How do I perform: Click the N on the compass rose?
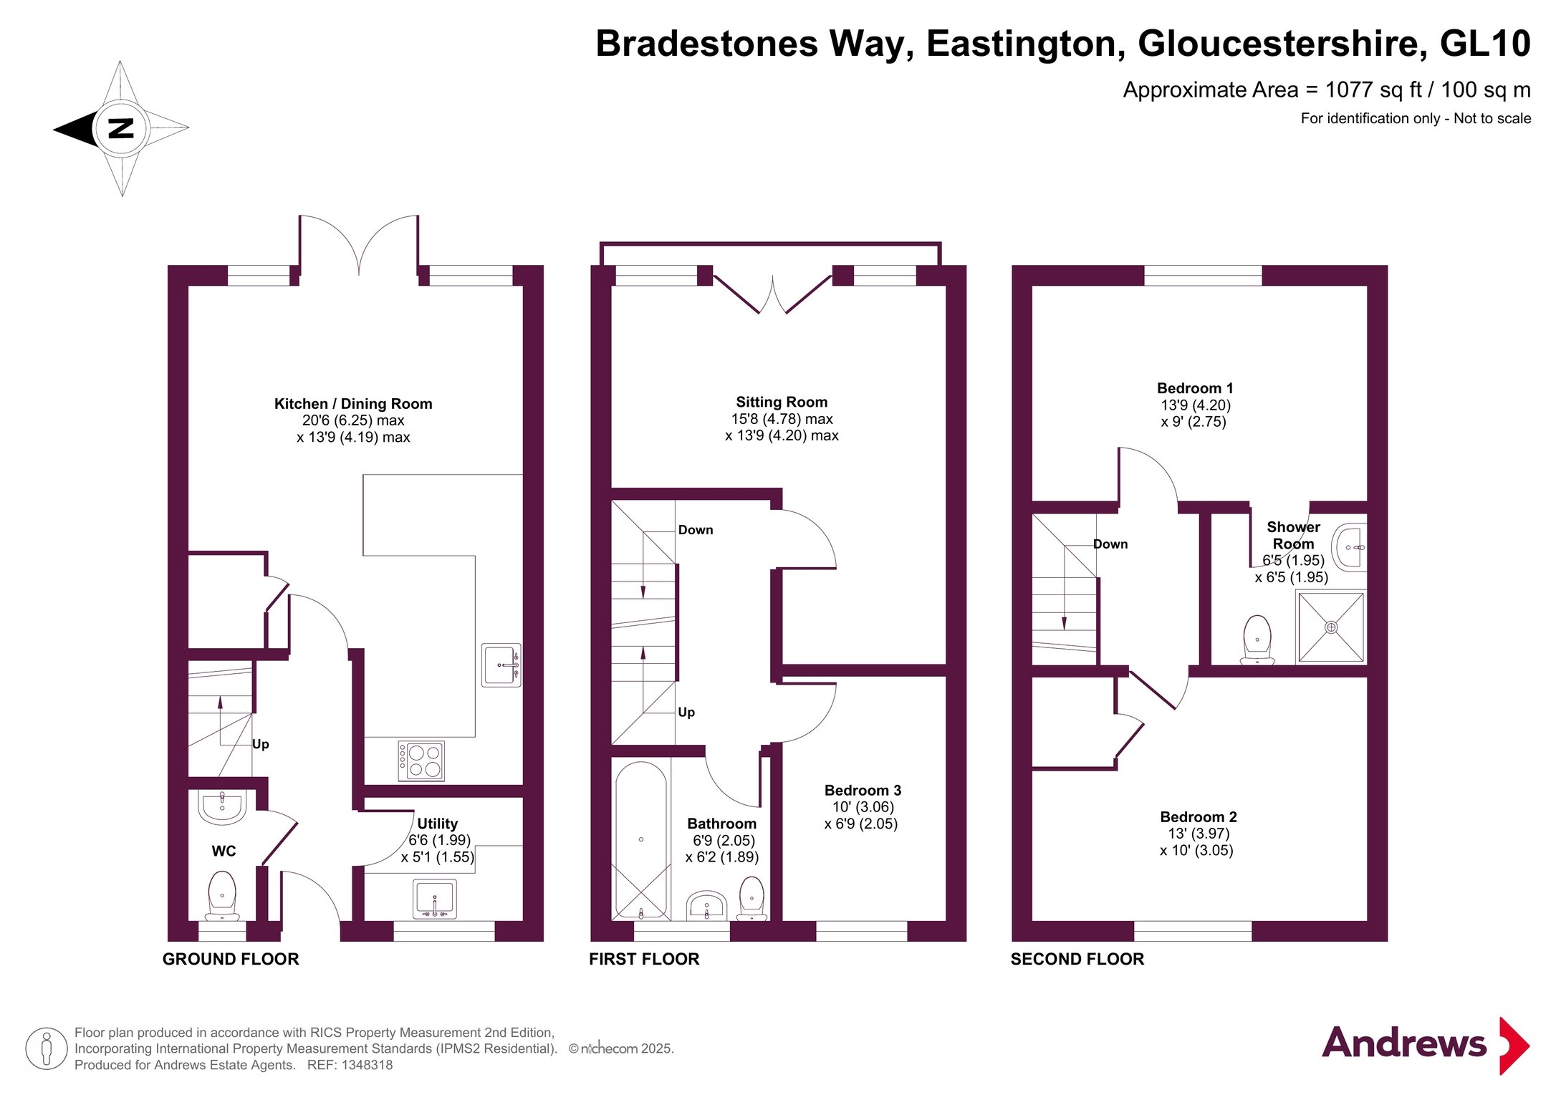click(x=121, y=129)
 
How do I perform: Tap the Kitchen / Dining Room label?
click(x=353, y=404)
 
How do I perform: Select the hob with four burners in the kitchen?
click(x=421, y=761)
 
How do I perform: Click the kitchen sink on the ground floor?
click(x=501, y=665)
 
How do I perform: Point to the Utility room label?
click(x=437, y=824)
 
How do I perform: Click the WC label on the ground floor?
click(x=224, y=851)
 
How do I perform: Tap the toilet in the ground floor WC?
click(x=222, y=896)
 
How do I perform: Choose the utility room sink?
click(x=435, y=899)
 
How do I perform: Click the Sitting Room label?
click(x=782, y=402)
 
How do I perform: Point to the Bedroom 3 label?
click(x=863, y=790)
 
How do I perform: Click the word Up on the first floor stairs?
click(x=686, y=713)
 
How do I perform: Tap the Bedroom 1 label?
click(x=1195, y=388)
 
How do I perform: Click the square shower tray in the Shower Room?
click(x=1331, y=627)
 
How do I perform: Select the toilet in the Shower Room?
click(x=1257, y=640)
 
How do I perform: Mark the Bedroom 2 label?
click(x=1199, y=817)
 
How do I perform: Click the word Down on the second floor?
click(x=1110, y=544)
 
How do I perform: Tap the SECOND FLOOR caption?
click(x=1077, y=959)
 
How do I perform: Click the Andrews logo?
click(x=1426, y=1045)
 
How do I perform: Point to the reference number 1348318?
click(x=367, y=1065)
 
